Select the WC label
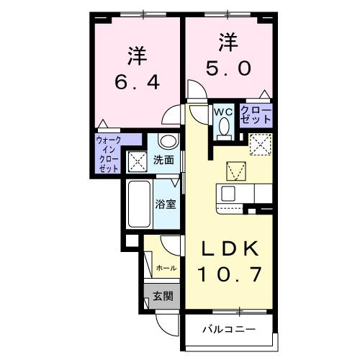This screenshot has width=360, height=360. [222, 112]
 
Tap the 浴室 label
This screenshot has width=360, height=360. [166, 204]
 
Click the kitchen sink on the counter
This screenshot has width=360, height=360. [228, 194]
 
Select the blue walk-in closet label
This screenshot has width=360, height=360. [109, 153]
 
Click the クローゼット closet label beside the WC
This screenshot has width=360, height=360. [256, 114]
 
